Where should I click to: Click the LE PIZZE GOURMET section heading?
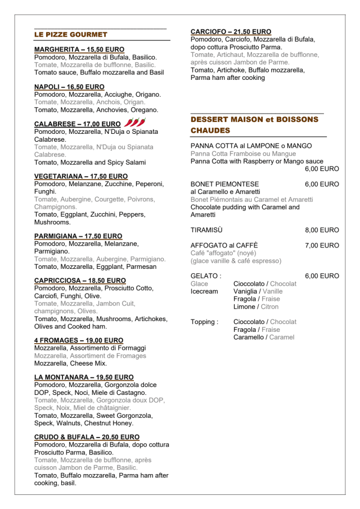71,34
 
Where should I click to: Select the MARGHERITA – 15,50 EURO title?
79,49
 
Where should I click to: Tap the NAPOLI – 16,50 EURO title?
69,87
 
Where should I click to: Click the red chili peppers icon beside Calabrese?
134,123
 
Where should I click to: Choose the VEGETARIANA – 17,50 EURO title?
81,176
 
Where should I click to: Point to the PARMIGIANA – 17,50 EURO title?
78,236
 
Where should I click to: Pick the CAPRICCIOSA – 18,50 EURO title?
80,280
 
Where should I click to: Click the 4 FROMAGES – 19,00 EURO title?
79,340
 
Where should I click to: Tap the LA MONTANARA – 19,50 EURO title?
84,377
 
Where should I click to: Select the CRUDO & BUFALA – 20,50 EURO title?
87,436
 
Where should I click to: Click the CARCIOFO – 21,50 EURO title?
231,31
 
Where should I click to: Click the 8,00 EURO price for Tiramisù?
322,230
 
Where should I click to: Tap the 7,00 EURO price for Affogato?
322,245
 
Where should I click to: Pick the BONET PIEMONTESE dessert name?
225,184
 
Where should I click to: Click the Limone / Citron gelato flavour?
256,307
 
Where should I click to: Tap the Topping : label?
204,322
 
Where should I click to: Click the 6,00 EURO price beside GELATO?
322,276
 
